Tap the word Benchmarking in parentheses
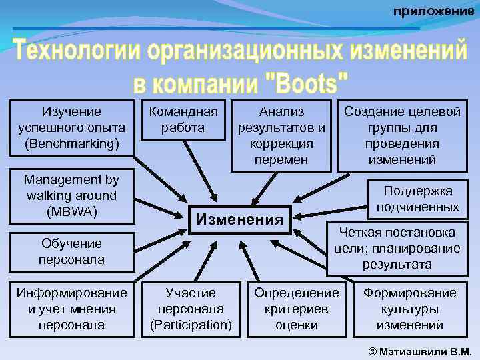[71, 143]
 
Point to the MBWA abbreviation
[71, 212]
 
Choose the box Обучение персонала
[71, 251]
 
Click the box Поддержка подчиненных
[417, 199]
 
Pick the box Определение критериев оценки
[297, 309]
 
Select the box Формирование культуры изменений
[409, 309]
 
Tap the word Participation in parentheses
[191, 325]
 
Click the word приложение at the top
[433, 11]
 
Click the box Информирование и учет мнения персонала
[71, 309]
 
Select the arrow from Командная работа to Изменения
[198, 170]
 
